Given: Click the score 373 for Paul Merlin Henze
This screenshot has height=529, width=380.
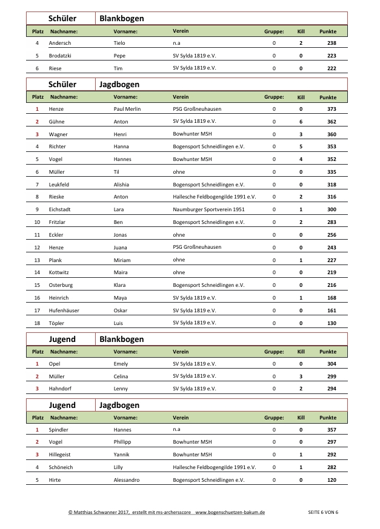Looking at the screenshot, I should point(331,109).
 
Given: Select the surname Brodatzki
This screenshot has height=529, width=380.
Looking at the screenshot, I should point(61,56).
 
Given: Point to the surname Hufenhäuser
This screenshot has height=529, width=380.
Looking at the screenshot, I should point(65,310).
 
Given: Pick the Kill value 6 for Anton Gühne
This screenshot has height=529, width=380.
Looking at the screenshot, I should point(301,122).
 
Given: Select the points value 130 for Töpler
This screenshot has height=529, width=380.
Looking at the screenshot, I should point(331,323).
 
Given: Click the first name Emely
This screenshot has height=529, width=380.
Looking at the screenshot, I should point(121,364).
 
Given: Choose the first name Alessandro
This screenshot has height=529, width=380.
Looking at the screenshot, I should point(127,480).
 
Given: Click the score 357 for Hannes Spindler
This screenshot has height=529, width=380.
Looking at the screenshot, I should point(331,430).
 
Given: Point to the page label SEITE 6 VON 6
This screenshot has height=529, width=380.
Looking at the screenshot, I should point(323,512).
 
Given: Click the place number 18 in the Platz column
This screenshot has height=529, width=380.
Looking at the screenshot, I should point(37,323).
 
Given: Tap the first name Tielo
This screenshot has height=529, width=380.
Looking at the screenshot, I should point(119,43).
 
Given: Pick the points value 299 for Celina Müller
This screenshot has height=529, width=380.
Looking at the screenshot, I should point(331,376).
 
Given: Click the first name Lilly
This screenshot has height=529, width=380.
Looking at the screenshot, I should point(119,467).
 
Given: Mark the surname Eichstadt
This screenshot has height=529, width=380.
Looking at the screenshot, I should point(61,209).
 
